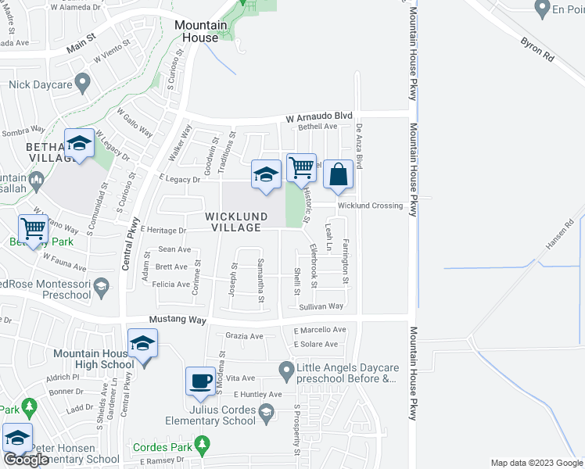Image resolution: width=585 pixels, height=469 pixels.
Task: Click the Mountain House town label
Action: click(x=200, y=31)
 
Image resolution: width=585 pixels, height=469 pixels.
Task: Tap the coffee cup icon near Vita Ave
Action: click(x=200, y=381)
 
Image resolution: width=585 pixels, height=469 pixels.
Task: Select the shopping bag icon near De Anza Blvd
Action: click(x=339, y=174)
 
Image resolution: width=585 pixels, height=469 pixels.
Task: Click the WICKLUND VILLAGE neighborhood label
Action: click(x=236, y=221)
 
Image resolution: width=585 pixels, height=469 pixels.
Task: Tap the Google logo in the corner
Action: click(x=25, y=460)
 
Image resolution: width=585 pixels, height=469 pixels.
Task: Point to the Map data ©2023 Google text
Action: click(x=536, y=463)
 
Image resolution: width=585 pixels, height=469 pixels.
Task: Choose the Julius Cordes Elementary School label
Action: click(x=222, y=414)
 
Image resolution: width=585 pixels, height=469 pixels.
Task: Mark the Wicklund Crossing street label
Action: click(x=370, y=206)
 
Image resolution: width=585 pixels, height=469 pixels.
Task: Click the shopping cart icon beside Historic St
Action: click(x=301, y=167)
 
